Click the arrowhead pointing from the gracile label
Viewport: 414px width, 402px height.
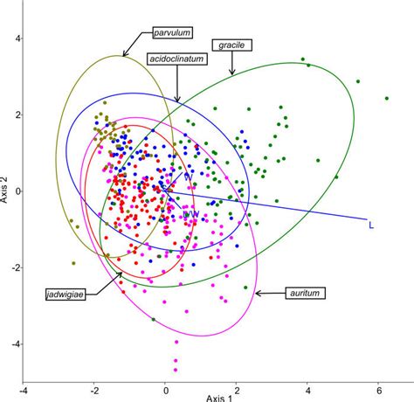(x=232, y=73)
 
